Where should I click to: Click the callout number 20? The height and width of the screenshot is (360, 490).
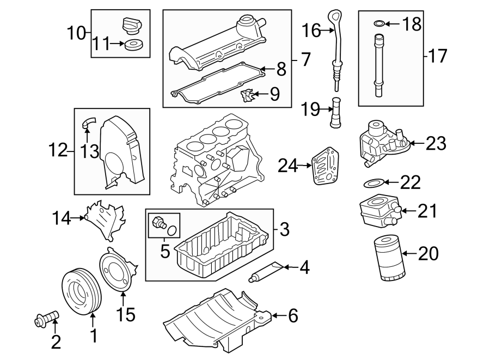click(428, 254)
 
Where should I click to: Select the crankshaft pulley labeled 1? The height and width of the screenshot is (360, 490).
click(79, 291)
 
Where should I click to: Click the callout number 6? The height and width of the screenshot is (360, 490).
click(293, 316)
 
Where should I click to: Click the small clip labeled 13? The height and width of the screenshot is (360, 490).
click(87, 123)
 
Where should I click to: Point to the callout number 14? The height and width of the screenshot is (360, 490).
click(62, 219)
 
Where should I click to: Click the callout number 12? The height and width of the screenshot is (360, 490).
click(57, 151)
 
